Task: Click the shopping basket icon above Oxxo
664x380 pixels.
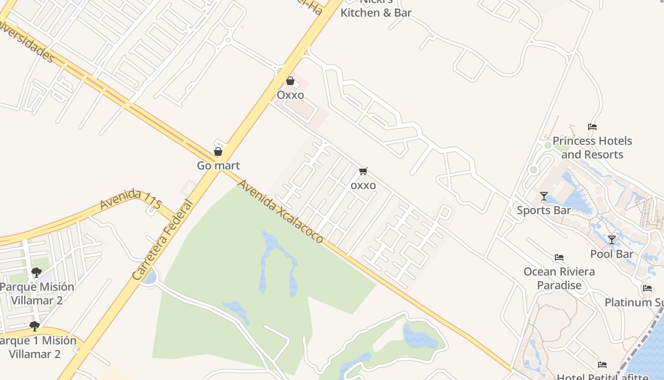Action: click(x=290, y=81)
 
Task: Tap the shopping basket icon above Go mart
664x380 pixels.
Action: click(x=218, y=152)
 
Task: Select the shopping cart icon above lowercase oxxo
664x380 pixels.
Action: click(x=363, y=171)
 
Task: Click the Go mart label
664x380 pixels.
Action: click(x=218, y=166)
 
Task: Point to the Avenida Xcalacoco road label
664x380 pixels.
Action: click(x=281, y=211)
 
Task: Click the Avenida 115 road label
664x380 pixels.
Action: click(x=131, y=200)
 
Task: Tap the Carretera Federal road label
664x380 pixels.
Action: click(x=163, y=239)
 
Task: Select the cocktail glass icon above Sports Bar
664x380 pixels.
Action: click(x=544, y=196)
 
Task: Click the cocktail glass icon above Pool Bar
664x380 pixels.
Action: click(x=612, y=240)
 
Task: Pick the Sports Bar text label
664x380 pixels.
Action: click(x=544, y=210)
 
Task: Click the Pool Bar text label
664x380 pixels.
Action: click(x=612, y=254)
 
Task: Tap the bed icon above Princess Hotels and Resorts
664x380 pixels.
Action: click(x=592, y=127)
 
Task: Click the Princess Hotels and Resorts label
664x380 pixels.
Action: click(x=592, y=148)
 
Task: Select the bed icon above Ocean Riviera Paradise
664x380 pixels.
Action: click(x=559, y=257)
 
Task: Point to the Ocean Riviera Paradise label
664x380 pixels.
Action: click(x=559, y=278)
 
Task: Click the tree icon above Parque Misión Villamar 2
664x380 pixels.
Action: click(x=37, y=272)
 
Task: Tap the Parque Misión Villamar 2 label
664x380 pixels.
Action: click(x=37, y=294)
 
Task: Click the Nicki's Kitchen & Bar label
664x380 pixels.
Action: click(x=376, y=9)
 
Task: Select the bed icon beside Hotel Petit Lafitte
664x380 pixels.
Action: click(x=602, y=365)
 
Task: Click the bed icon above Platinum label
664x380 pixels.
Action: click(x=647, y=288)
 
